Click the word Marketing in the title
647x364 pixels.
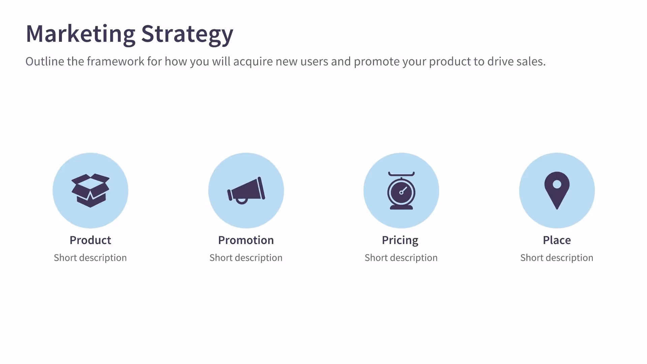[80, 34]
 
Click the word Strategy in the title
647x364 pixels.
[187, 34]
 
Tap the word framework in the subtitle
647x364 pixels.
[116, 61]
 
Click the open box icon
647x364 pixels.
[90, 190]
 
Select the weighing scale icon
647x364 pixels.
[401, 191]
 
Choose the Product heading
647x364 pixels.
[90, 240]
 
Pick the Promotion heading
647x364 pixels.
[246, 240]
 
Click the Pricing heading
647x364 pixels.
[400, 240]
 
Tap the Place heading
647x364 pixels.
[557, 240]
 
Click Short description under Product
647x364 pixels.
[90, 258]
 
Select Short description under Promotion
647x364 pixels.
[246, 258]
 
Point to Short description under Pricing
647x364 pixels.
[401, 258]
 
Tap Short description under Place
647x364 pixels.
[557, 258]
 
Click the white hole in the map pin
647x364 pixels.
[557, 184]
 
